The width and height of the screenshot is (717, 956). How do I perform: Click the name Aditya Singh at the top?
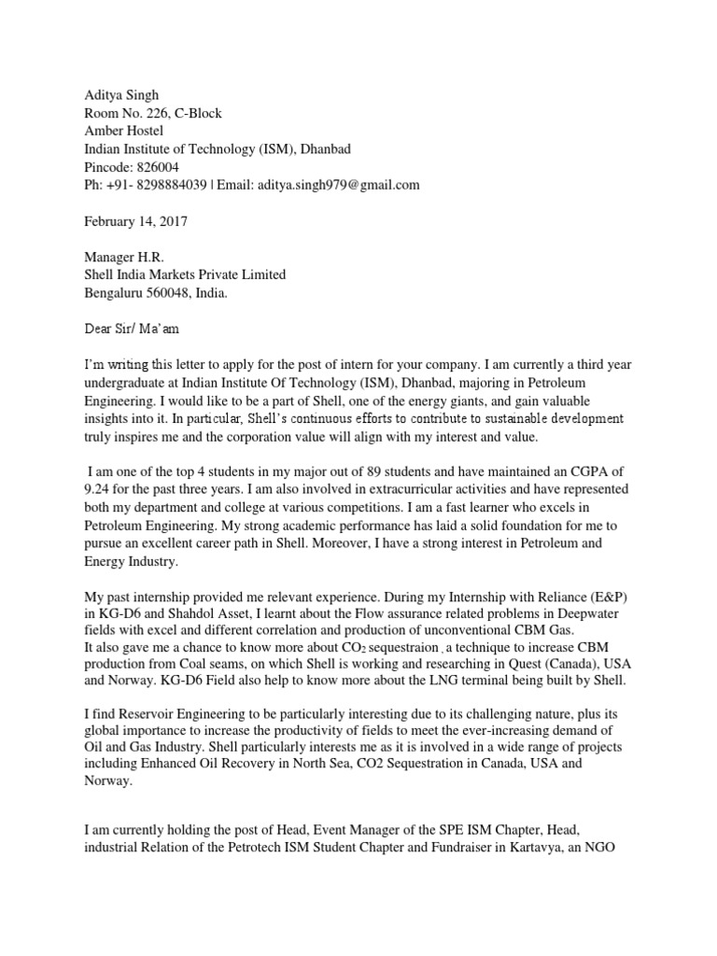[121, 95]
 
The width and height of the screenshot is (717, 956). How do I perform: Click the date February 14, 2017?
[137, 221]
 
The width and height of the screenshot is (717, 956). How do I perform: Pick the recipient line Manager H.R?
[128, 257]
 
